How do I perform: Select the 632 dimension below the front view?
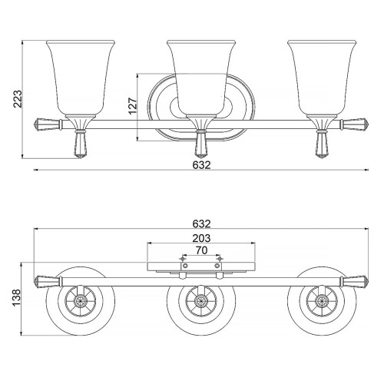click(200, 165)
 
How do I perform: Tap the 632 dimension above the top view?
click(200, 223)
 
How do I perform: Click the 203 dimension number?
click(200, 237)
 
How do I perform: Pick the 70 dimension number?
click(200, 250)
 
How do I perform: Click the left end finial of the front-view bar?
click(46, 122)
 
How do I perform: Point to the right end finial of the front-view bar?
click(356, 122)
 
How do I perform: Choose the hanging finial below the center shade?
click(201, 144)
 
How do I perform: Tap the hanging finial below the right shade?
click(323, 144)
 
